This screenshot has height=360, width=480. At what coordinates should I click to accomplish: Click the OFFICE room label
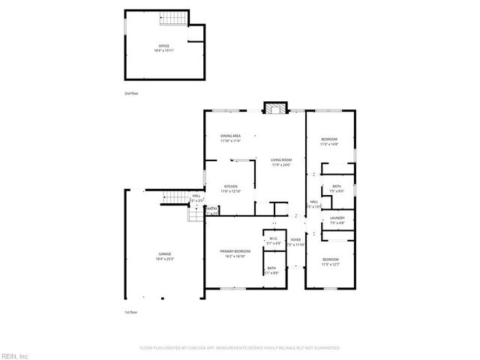pyautogui.click(x=164, y=46)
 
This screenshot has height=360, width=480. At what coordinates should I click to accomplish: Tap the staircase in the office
pyautogui.click(x=175, y=19)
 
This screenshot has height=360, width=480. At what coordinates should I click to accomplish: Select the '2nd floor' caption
pyautogui.click(x=131, y=93)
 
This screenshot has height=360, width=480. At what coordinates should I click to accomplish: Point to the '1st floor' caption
pyautogui.click(x=131, y=312)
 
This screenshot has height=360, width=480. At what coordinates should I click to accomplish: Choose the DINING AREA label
pyautogui.click(x=230, y=136)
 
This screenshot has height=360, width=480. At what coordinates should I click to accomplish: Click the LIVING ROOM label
pyautogui.click(x=281, y=160)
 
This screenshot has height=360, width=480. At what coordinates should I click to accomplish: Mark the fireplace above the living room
pyautogui.click(x=274, y=108)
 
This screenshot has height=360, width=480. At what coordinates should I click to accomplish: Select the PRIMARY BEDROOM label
pyautogui.click(x=235, y=251)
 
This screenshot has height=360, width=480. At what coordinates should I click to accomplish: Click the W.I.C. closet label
pyautogui.click(x=273, y=239)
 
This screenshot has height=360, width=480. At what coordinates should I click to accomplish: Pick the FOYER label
pyautogui.click(x=295, y=240)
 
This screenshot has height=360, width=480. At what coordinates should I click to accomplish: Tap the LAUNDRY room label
pyautogui.click(x=337, y=218)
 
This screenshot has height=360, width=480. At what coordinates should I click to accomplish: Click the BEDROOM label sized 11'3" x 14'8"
pyautogui.click(x=329, y=139)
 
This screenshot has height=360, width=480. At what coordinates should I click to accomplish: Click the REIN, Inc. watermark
pyautogui.click(x=15, y=355)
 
